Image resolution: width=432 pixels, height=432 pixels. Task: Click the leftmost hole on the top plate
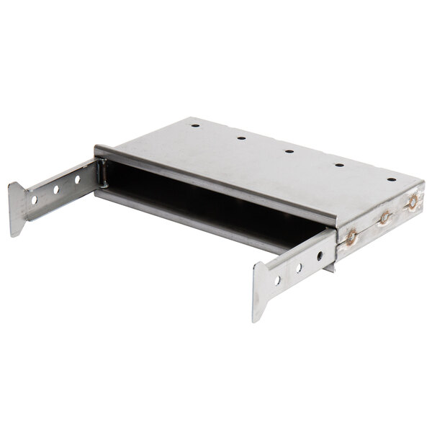pos(194,125)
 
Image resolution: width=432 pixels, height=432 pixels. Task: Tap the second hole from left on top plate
pos(241,138)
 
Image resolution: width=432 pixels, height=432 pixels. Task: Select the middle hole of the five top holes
pos(289,151)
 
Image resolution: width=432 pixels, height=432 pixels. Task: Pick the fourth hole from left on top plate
pos(338,165)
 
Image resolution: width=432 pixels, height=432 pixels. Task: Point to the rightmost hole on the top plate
pos(391,179)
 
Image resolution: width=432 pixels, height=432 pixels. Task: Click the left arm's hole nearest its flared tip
pos(34,199)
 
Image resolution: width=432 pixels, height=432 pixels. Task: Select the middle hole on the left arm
pos(55,189)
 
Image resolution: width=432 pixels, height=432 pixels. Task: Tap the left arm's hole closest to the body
pos(77,179)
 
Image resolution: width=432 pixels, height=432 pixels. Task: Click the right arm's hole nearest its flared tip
pos(276,280)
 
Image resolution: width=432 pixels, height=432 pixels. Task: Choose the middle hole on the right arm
pos(299,268)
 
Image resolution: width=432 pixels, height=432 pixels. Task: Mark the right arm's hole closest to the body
pos(320,256)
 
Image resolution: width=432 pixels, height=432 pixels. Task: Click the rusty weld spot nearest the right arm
pos(352,235)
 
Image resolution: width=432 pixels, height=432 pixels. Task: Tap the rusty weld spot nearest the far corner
pos(413,202)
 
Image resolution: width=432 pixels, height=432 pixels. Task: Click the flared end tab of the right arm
pos(260,291)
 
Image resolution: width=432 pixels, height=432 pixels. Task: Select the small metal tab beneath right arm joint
pos(329,267)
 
